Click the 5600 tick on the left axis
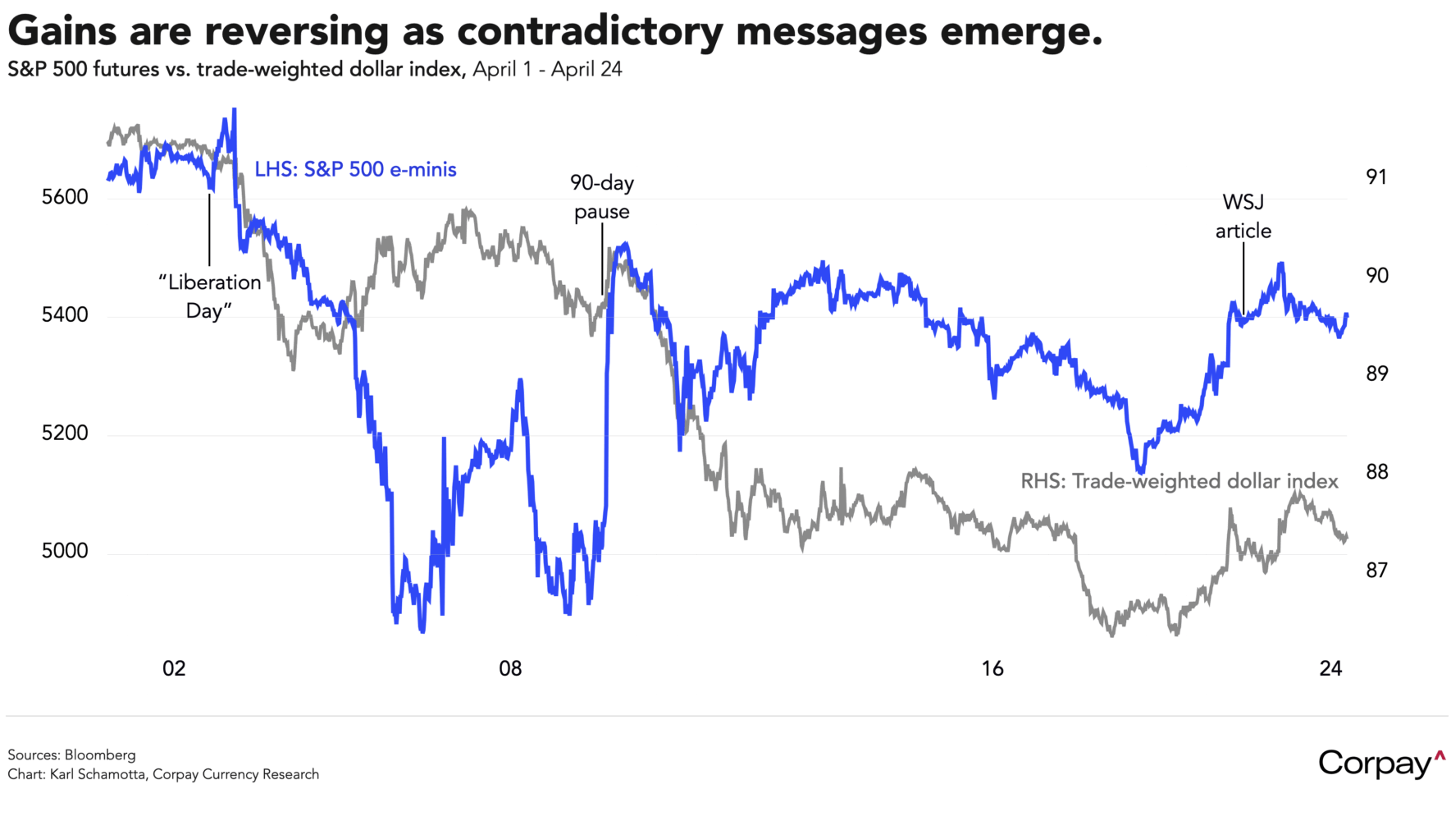[65, 197]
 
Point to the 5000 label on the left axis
[65, 551]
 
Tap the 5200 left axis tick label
[65, 433]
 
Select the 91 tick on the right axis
[1376, 177]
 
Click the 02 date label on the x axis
[174, 668]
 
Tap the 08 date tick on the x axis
[510, 668]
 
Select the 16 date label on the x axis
[992, 668]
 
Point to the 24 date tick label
[1330, 668]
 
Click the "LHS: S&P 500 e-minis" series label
[355, 170]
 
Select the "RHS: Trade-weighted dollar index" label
[1179, 481]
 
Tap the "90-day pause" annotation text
[602, 197]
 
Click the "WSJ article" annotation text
[1243, 217]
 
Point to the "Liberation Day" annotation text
[209, 296]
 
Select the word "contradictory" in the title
[590, 31]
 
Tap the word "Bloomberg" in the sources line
[100, 754]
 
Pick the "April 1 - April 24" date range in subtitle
[547, 70]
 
